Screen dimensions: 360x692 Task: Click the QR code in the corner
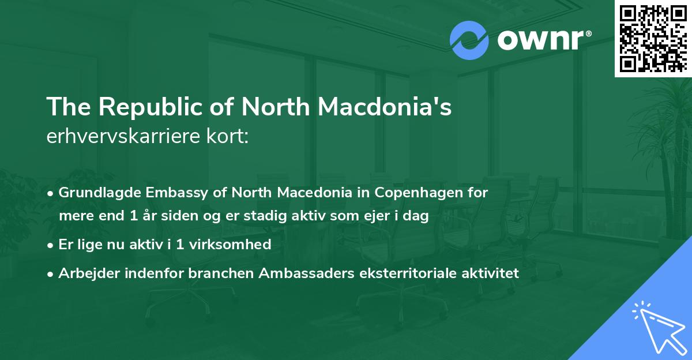click(x=653, y=38)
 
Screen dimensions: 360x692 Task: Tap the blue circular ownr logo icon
click(x=469, y=40)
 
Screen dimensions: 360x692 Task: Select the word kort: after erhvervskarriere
click(x=231, y=137)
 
